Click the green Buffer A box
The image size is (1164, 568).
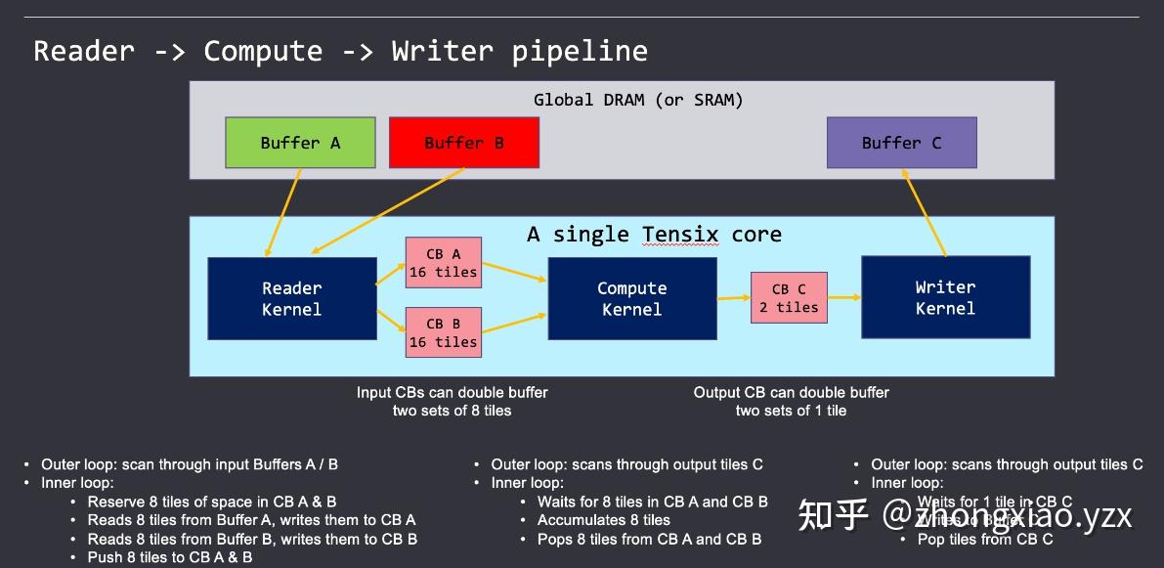pyautogui.click(x=300, y=143)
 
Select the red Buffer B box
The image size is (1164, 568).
pyautogui.click(x=463, y=143)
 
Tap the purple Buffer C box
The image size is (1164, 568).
pyautogui.click(x=901, y=143)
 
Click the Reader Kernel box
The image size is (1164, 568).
pyautogui.click(x=291, y=298)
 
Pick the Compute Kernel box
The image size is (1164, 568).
pyautogui.click(x=631, y=298)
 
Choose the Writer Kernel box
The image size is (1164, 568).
pyautogui.click(x=944, y=297)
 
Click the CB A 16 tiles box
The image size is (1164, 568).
pyautogui.click(x=443, y=263)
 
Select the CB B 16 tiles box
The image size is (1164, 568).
pyautogui.click(x=443, y=332)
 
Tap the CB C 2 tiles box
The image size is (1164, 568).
pyautogui.click(x=789, y=297)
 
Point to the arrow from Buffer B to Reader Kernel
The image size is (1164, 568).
pyautogui.click(x=386, y=212)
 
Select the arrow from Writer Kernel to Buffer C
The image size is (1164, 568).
pyautogui.click(x=924, y=212)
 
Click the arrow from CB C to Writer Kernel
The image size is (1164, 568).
pyautogui.click(x=843, y=297)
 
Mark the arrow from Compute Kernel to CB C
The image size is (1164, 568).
pyautogui.click(x=733, y=297)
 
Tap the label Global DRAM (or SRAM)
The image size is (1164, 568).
pyautogui.click(x=637, y=100)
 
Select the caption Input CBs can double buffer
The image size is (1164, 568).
pyautogui.click(x=452, y=392)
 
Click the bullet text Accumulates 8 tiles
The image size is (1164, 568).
pyautogui.click(x=603, y=520)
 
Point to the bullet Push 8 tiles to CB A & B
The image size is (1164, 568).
pyautogui.click(x=169, y=557)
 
